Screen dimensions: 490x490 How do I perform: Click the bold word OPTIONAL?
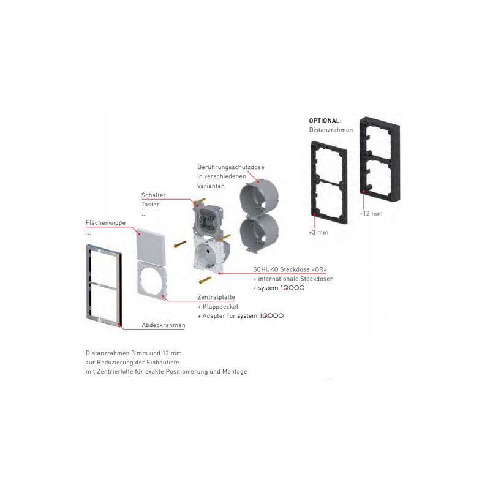click(x=325, y=121)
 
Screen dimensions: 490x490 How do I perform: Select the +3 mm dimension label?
click(x=319, y=233)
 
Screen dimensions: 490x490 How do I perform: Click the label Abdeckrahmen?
click(x=163, y=325)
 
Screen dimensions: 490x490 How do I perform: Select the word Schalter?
click(x=153, y=195)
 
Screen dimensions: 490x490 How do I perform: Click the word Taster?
click(x=150, y=205)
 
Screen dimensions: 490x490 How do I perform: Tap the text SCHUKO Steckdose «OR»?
click(x=284, y=269)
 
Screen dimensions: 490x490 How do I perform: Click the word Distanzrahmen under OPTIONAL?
click(x=331, y=130)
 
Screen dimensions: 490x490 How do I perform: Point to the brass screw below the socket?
click(x=205, y=280)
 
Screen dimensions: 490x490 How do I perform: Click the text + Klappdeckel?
click(x=217, y=306)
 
